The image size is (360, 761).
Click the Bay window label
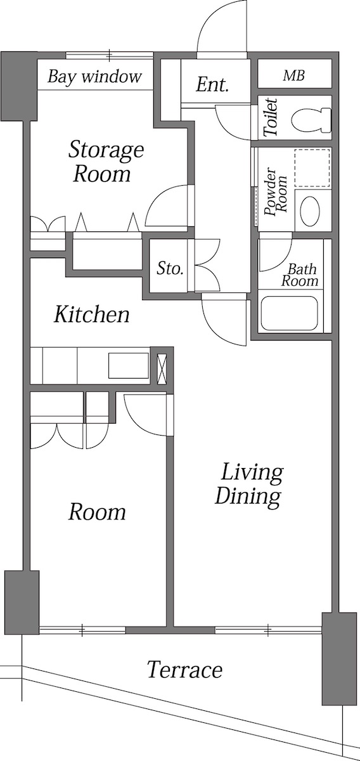point(95,77)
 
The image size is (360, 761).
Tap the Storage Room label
point(105,162)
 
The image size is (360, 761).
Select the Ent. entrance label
point(212,85)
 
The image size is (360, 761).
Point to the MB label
point(293,76)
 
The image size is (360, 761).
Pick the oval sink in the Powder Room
point(311,211)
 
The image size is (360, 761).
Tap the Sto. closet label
point(170,268)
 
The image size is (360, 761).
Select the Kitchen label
point(91,314)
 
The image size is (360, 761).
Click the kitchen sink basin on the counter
point(129,367)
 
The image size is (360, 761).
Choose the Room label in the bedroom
point(97,512)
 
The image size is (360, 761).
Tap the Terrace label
point(184,670)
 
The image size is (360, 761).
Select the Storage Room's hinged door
point(166,207)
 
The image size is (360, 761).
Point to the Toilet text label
point(270,118)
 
